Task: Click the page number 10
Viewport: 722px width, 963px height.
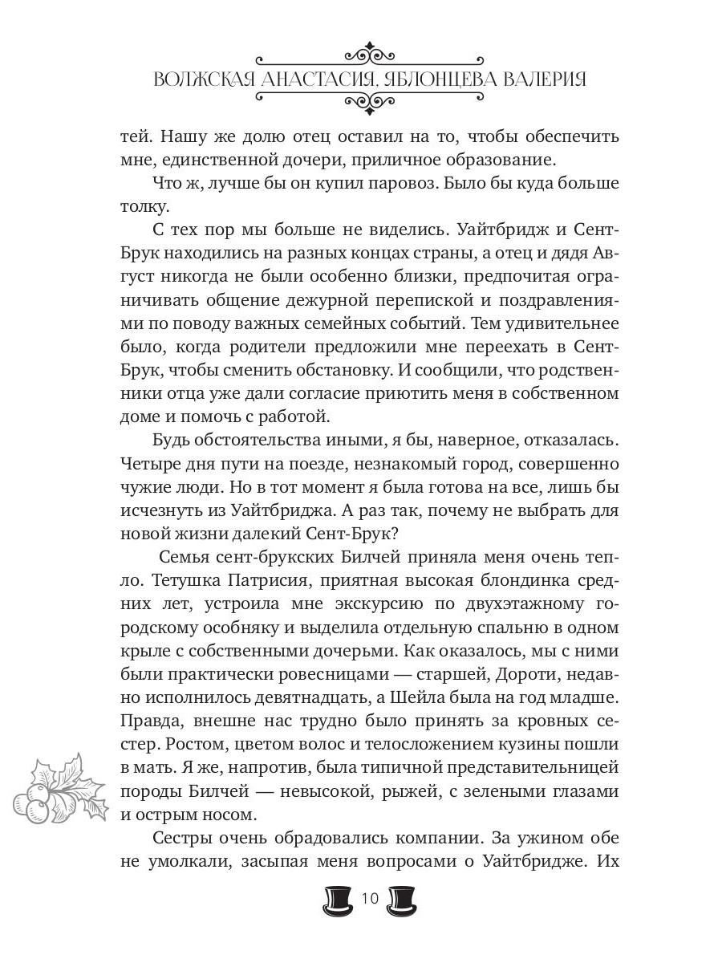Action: (370, 898)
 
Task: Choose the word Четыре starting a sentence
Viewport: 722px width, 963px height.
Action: (150, 464)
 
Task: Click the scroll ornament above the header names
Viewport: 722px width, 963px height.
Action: (370, 56)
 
